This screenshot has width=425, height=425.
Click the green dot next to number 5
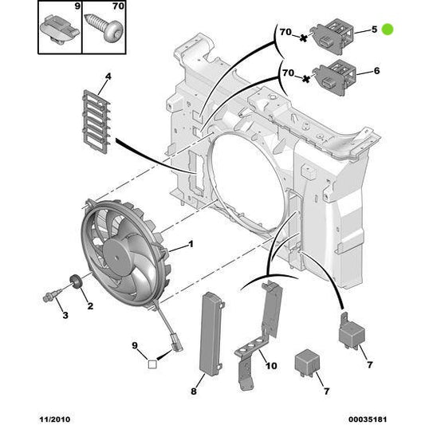[x=388, y=30]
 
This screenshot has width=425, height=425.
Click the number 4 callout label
[x=108, y=78]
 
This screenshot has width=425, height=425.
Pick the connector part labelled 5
[x=336, y=34]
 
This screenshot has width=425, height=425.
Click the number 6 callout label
[x=376, y=71]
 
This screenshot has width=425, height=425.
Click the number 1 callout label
[x=191, y=245]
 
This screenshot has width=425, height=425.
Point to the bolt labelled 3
[x=49, y=298]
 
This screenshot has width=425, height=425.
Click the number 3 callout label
[x=65, y=317]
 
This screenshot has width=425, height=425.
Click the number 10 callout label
[x=270, y=366]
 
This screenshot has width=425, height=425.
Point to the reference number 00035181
[x=368, y=415]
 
